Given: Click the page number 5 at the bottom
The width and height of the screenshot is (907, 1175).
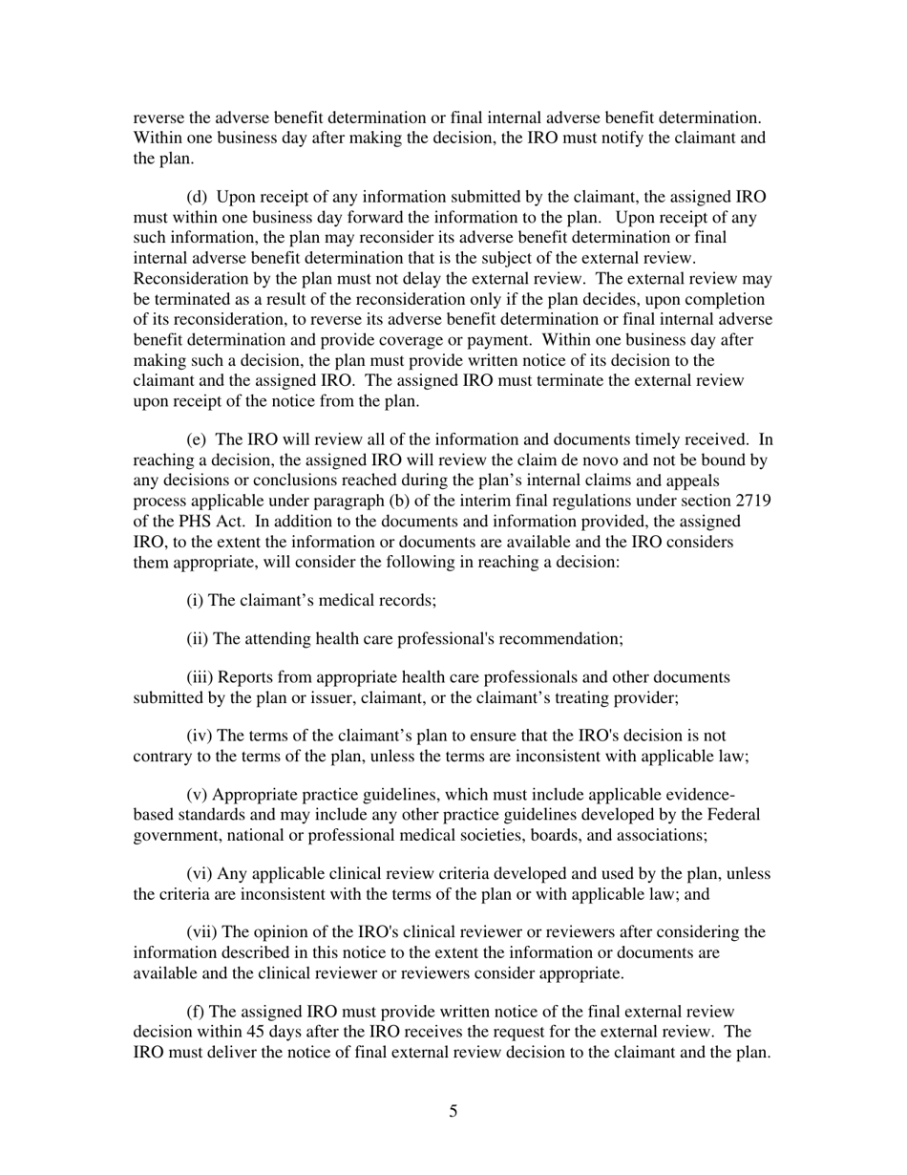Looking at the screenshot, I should click(453, 1111).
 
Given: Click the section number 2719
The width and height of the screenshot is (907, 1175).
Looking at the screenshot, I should click(753, 501).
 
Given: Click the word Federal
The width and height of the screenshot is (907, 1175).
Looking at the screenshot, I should click(731, 815).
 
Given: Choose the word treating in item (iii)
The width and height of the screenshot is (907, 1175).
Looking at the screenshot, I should click(580, 697).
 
